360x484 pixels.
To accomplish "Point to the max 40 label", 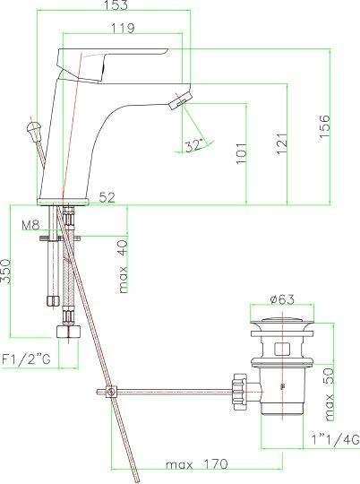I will [123, 265].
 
